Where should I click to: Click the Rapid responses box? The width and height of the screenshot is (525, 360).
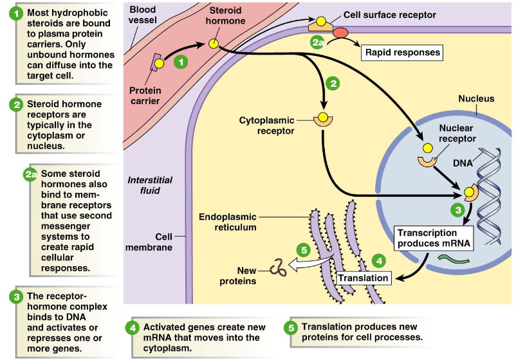point(403,52)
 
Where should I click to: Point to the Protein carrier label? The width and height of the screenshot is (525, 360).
point(145,95)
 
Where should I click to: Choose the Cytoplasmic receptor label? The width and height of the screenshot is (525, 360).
point(266,125)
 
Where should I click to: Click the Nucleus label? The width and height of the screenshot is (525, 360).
point(476,98)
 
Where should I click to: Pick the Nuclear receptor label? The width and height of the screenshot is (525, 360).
point(457,133)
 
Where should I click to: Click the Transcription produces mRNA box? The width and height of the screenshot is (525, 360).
point(427,238)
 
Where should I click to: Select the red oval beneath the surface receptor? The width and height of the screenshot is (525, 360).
point(340,32)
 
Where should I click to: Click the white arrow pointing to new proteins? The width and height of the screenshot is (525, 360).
point(309,262)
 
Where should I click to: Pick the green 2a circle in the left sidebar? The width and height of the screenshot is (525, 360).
point(30,174)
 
